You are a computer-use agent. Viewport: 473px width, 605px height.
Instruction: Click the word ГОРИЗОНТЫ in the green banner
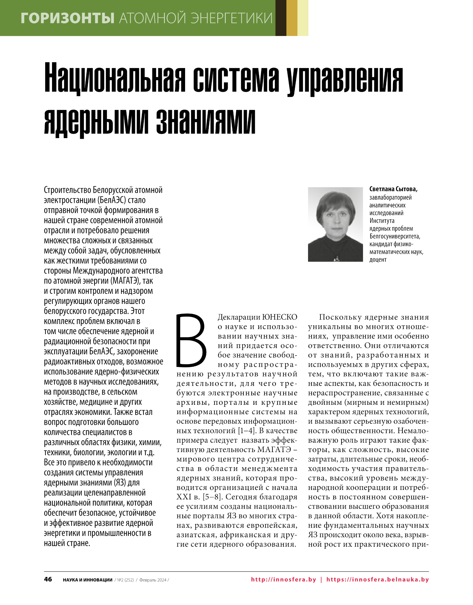click(67, 18)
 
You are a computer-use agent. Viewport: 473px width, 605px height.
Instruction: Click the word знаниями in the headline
click(206, 121)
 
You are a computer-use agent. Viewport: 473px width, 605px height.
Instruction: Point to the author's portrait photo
click(335, 224)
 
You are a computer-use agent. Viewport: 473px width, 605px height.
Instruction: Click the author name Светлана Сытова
click(393, 189)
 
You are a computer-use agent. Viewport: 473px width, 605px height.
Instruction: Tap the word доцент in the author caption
click(378, 260)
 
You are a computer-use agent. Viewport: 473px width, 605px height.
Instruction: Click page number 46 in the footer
click(48, 579)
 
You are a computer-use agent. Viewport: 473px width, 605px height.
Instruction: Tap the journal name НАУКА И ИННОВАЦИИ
click(88, 580)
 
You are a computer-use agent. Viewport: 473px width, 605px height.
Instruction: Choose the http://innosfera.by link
click(283, 579)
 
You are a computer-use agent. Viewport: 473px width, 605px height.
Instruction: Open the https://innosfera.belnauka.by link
click(377, 579)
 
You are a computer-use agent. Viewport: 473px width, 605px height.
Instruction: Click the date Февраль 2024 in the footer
click(153, 580)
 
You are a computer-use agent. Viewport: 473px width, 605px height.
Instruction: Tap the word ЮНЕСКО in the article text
click(280, 317)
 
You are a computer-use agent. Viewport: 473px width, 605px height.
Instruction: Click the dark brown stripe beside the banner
click(281, 18)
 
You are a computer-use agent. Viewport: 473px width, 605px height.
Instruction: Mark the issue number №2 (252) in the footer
click(126, 580)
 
